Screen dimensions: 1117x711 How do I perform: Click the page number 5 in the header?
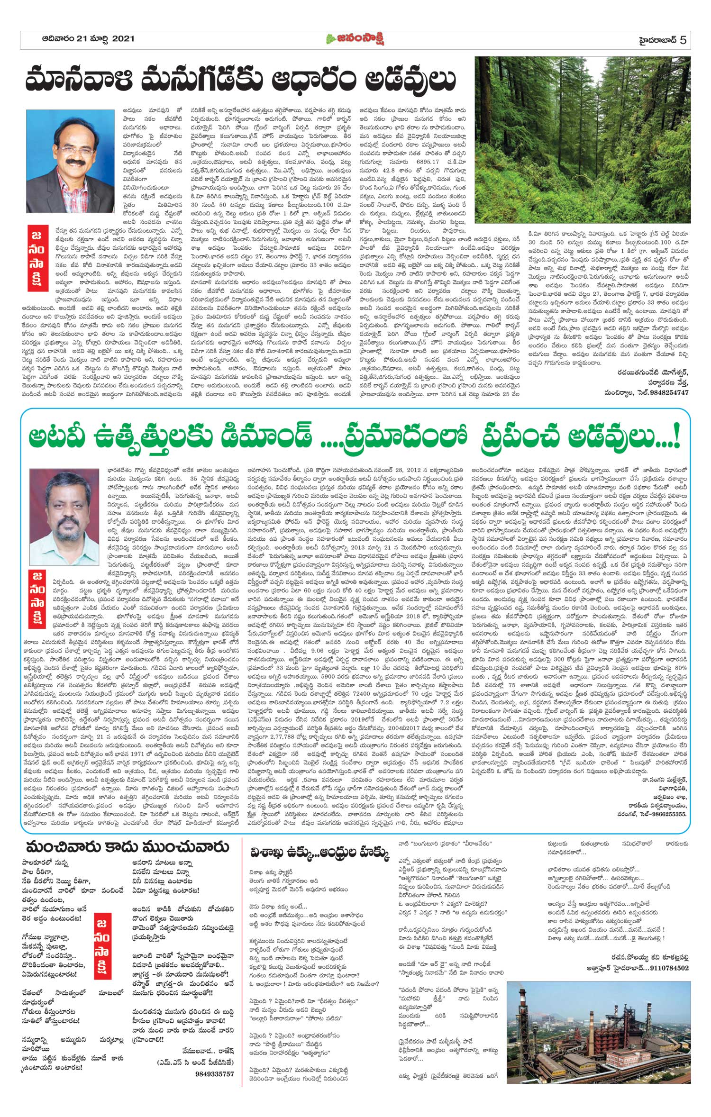coord(683,39)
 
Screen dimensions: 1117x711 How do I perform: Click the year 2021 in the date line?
coord(123,39)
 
